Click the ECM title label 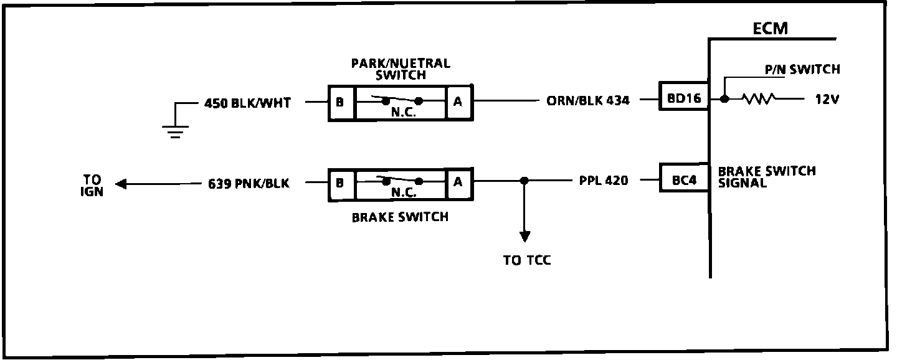pos(770,29)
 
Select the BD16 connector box pos(684,99)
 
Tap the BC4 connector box pos(684,181)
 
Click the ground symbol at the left pos(175,130)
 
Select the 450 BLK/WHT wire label pos(247,103)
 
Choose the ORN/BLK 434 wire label pos(588,100)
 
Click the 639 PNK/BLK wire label pos(249,184)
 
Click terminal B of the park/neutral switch pos(339,102)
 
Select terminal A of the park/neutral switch pos(458,102)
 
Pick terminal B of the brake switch pos(339,183)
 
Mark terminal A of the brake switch pos(458,182)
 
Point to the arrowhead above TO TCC pos(524,236)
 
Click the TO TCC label pos(527,260)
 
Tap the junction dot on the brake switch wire pos(524,181)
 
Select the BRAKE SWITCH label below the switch pos(400,217)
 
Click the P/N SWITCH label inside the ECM pos(802,70)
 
